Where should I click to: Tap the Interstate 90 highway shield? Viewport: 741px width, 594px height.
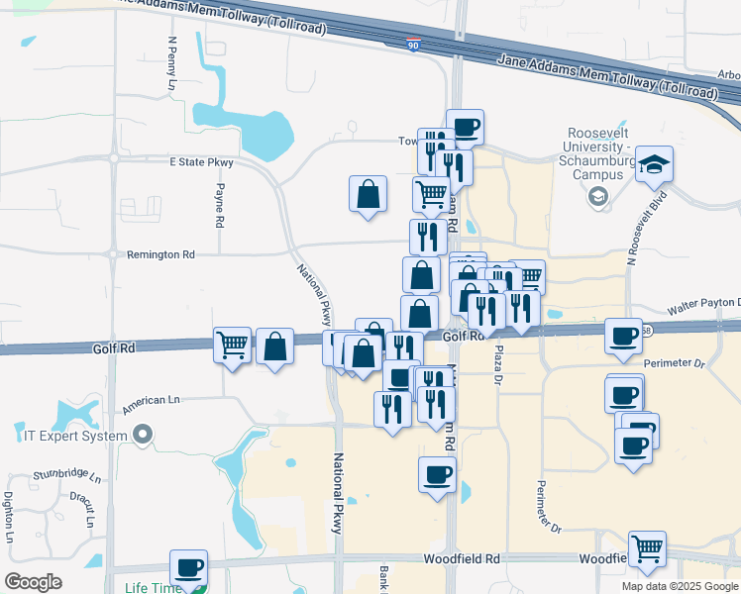point(413,45)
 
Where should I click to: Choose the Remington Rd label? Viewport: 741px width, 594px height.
point(160,254)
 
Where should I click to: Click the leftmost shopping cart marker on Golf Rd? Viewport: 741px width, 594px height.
point(232,346)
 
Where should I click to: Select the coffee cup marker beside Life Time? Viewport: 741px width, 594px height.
point(188,567)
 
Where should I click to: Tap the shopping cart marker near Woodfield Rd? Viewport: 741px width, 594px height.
point(647,548)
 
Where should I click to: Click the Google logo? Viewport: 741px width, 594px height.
point(33,581)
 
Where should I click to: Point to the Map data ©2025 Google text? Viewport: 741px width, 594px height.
point(679,586)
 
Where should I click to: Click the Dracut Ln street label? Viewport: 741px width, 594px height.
point(88,509)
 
